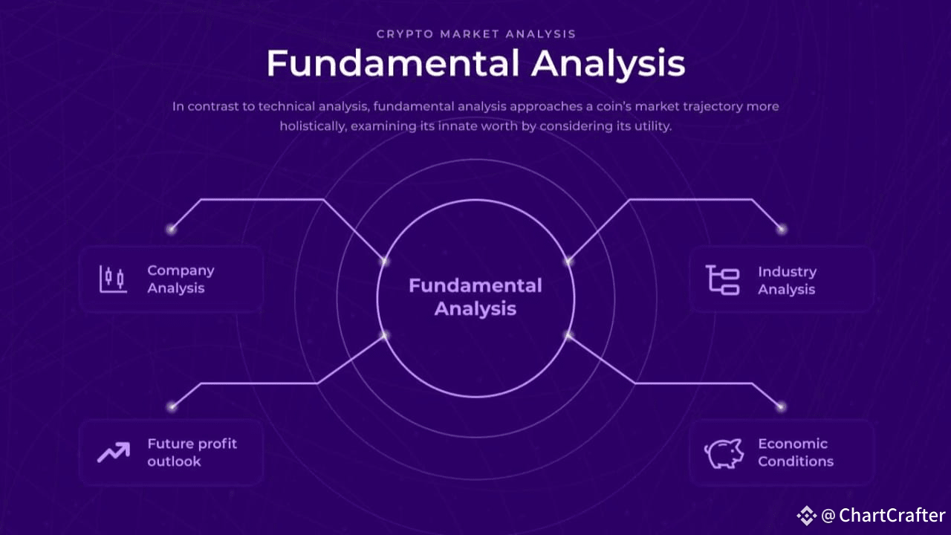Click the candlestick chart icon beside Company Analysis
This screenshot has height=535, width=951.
pyautogui.click(x=113, y=279)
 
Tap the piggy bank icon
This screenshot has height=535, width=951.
pyautogui.click(x=724, y=453)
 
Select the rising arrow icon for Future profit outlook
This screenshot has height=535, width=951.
pyautogui.click(x=113, y=452)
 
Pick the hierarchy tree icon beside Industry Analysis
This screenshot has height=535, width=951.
pyautogui.click(x=722, y=280)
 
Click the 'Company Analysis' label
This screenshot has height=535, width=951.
pyautogui.click(x=181, y=279)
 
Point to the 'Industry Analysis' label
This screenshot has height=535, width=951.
pyautogui.click(x=787, y=281)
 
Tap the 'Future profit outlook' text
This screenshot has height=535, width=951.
pyautogui.click(x=192, y=453)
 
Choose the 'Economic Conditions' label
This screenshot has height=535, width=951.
pyautogui.click(x=795, y=453)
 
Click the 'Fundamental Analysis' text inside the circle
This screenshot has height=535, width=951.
pyautogui.click(x=475, y=297)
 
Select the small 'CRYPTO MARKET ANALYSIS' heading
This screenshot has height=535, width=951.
pyautogui.click(x=475, y=34)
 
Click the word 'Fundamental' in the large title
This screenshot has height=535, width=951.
pyautogui.click(x=392, y=64)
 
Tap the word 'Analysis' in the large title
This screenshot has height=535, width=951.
pyautogui.click(x=608, y=64)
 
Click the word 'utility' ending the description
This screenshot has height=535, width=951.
pyautogui.click(x=652, y=126)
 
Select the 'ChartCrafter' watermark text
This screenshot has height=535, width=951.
pyautogui.click(x=892, y=516)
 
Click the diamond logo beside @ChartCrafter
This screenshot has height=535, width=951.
pyautogui.click(x=807, y=515)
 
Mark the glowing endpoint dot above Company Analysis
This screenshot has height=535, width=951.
pyautogui.click(x=172, y=229)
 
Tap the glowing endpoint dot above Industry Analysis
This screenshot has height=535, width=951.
pyautogui.click(x=781, y=229)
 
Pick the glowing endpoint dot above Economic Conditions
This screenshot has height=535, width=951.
pyautogui.click(x=781, y=406)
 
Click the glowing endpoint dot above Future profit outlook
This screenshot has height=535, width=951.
pyautogui.click(x=172, y=406)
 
